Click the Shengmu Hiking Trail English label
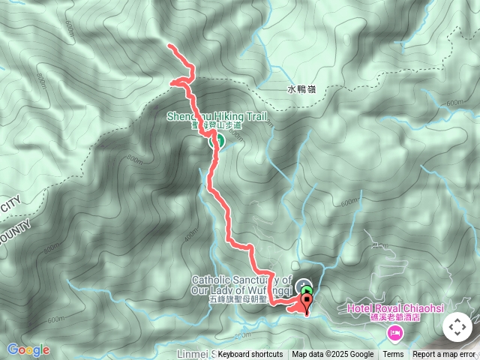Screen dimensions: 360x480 (205, 116)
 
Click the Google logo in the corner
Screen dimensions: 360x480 (28, 349)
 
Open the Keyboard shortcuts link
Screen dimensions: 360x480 (250, 355)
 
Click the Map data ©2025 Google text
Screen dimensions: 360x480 (332, 355)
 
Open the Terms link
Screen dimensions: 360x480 (393, 355)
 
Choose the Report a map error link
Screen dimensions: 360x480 (444, 355)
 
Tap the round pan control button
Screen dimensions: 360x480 (457, 327)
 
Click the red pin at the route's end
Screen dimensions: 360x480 (307, 303)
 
